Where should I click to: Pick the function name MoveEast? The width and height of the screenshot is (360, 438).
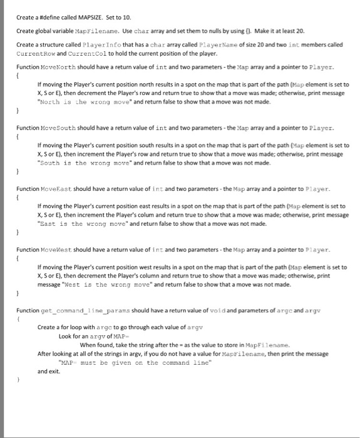[x=55, y=187]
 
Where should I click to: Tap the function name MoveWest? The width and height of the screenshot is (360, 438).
[x=56, y=248]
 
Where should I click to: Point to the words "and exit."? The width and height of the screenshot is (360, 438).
[x=49, y=371]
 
